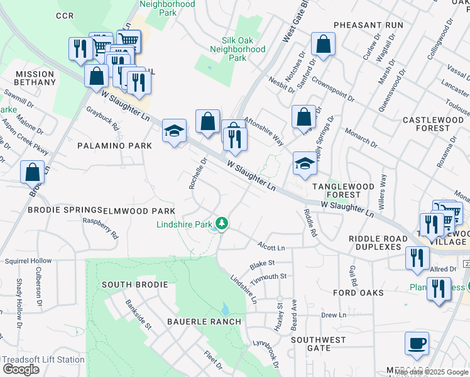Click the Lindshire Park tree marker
pos(222,223)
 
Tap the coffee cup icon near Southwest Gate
pos(417,344)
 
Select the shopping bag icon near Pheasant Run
pos(323,45)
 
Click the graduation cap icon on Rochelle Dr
pos(174,131)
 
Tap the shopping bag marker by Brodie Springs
pos(33,172)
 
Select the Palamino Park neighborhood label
pos(114,146)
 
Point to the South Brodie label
pos(134,285)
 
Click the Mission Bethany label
pos(36,78)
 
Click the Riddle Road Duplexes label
pos(374,243)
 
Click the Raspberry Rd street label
pos(101,228)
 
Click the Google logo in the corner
pos(21,369)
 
